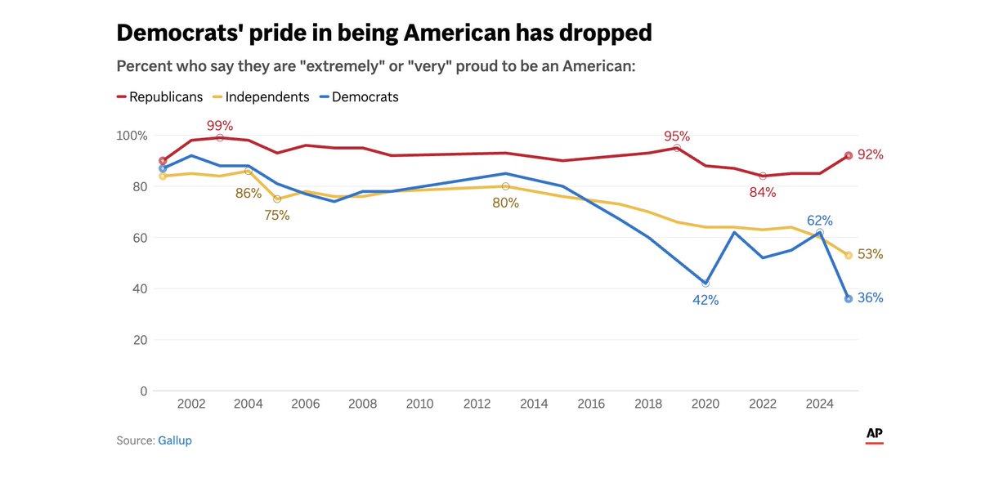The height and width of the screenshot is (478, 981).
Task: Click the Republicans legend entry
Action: point(160,96)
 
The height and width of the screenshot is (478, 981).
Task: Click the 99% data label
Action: point(220,125)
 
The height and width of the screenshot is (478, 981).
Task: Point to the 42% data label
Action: point(706,300)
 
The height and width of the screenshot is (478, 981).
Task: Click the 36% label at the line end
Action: point(870,298)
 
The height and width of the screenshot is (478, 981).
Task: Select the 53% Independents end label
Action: point(870,254)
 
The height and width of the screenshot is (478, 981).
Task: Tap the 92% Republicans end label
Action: point(870,154)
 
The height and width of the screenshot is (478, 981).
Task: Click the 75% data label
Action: point(276,215)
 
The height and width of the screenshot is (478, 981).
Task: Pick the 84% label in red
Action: point(762,193)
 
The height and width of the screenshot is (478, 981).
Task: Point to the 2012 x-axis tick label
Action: point(477,403)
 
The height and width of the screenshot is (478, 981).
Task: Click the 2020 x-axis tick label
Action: point(706,403)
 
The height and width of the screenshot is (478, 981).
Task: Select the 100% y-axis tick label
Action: point(130,136)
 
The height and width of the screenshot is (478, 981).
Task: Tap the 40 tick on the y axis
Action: point(138,288)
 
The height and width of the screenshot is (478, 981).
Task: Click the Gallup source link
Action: point(175,440)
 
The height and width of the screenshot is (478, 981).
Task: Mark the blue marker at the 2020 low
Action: point(706,283)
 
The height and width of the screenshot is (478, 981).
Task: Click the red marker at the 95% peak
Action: point(677,148)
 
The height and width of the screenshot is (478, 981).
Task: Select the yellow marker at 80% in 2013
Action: point(505,186)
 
